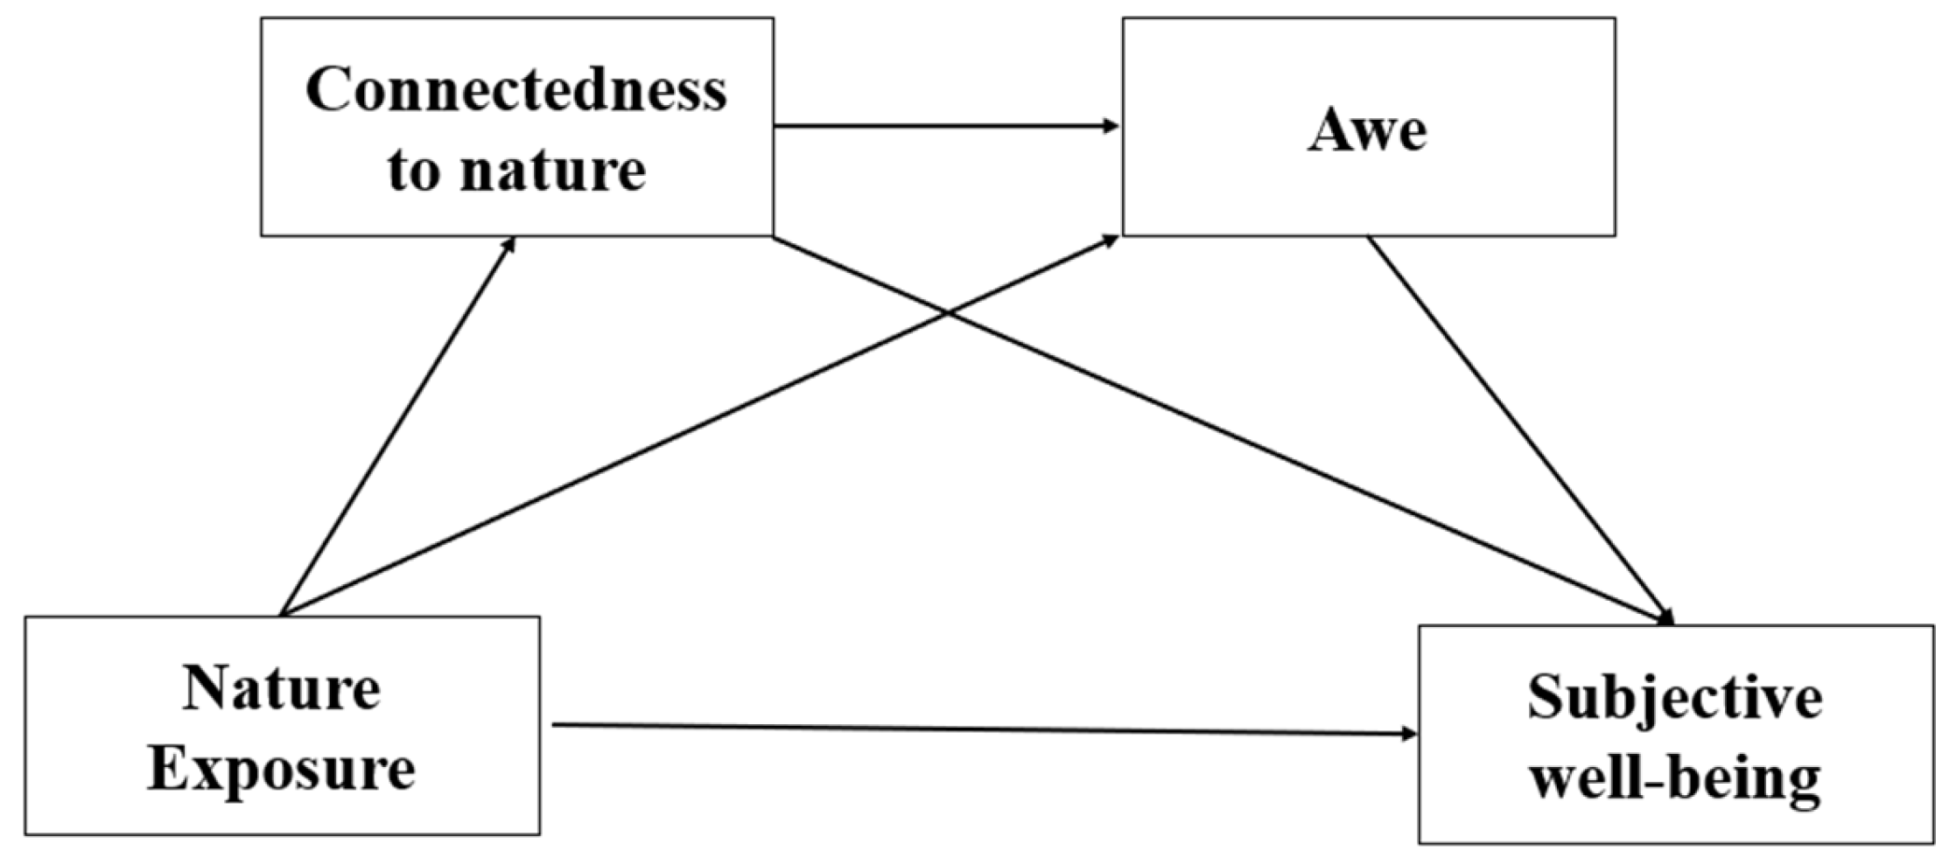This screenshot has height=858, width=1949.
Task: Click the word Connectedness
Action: [x=516, y=89]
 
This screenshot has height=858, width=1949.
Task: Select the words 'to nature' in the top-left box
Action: [x=516, y=168]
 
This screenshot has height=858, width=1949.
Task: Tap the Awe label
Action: [x=1367, y=131]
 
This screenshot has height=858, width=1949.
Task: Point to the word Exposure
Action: [x=282, y=769]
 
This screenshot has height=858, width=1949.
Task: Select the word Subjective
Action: [x=1675, y=697]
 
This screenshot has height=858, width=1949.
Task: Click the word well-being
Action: [x=1675, y=778]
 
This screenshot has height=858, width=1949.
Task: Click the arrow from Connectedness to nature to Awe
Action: [x=945, y=127]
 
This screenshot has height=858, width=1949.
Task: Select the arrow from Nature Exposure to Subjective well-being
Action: [x=980, y=729]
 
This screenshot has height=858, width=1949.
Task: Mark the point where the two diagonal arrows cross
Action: [x=945, y=312]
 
